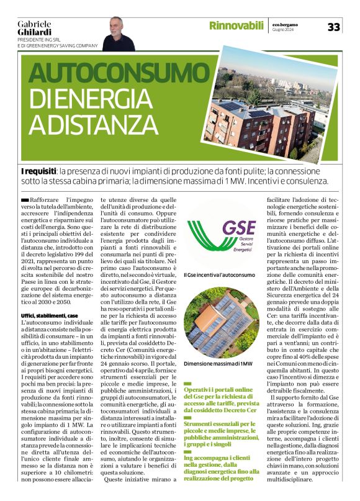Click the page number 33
click(333, 27)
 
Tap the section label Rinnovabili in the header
click(236, 26)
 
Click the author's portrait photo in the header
click(118, 34)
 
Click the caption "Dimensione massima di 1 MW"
click(219, 363)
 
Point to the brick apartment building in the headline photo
click(258, 127)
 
